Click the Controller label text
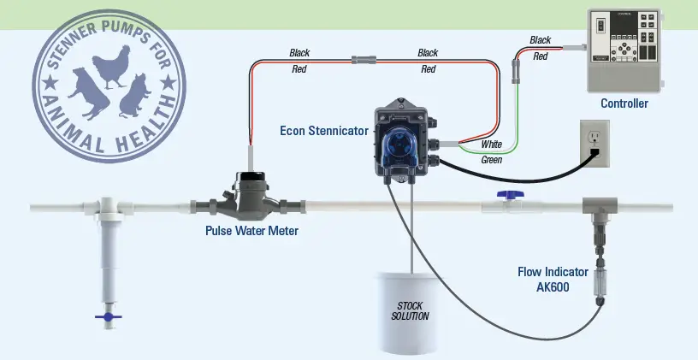[x=624, y=103]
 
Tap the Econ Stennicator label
[x=324, y=131]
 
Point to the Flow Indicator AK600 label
[x=553, y=279]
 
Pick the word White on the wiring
[x=492, y=145]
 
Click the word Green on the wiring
[x=491, y=159]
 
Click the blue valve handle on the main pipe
[x=511, y=196]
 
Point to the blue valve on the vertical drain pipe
[x=109, y=317]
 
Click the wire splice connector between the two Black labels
[x=364, y=61]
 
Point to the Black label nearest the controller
[x=541, y=40]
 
